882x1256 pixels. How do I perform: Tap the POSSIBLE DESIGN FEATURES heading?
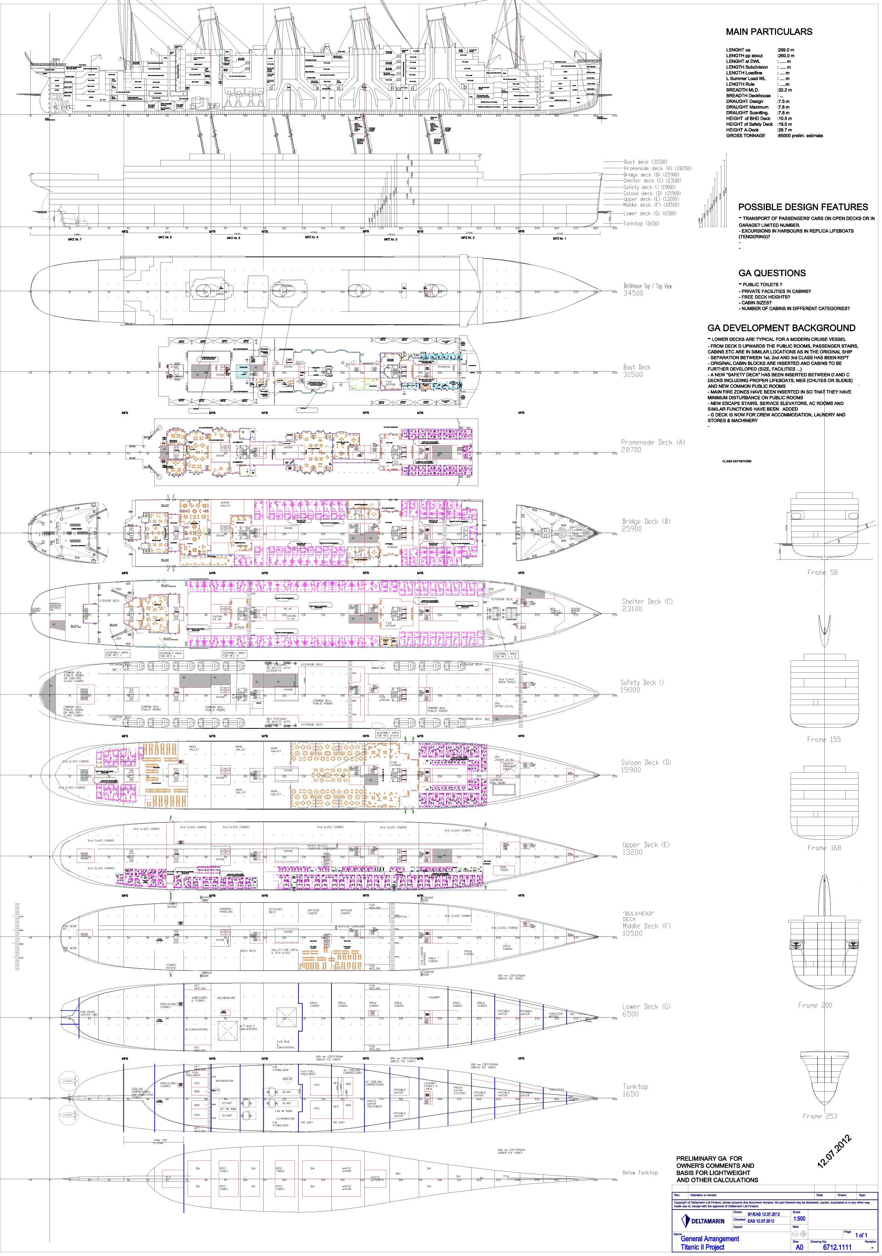point(803,207)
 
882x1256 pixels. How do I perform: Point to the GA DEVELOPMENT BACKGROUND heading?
point(781,328)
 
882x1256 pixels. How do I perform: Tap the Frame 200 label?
point(815,1005)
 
